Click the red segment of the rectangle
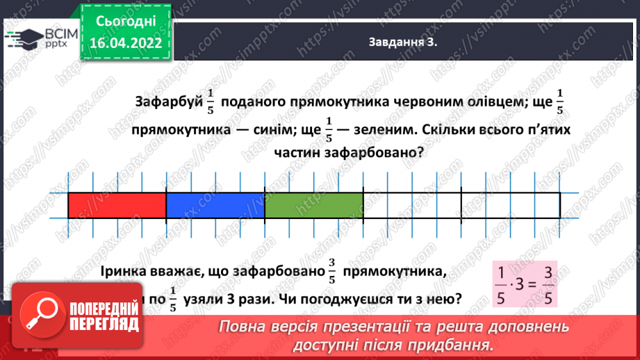click(117, 206)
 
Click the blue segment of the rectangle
click(215, 206)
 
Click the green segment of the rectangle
click(314, 206)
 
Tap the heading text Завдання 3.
click(404, 42)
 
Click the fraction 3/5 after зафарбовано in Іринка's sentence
click(331, 272)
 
